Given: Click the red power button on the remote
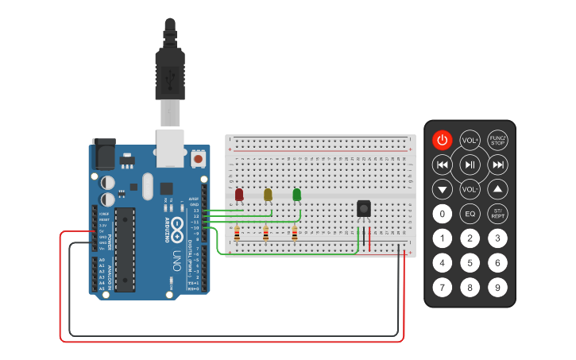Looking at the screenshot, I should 443,141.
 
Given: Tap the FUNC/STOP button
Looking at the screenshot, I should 497,141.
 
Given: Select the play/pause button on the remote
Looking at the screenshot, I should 470,165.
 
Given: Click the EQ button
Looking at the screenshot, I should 470,214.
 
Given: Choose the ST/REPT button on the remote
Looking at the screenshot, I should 497,214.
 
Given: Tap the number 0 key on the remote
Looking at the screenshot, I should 443,214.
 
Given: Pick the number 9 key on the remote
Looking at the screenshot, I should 497,287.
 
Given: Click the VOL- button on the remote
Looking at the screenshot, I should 470,189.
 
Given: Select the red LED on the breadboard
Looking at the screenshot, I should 239,195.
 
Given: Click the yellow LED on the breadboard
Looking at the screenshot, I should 268,195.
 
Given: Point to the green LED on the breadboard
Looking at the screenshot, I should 296,195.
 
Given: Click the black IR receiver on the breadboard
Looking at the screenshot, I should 364,208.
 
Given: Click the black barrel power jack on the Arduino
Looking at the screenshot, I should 104,152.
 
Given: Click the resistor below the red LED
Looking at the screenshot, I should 238,234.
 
